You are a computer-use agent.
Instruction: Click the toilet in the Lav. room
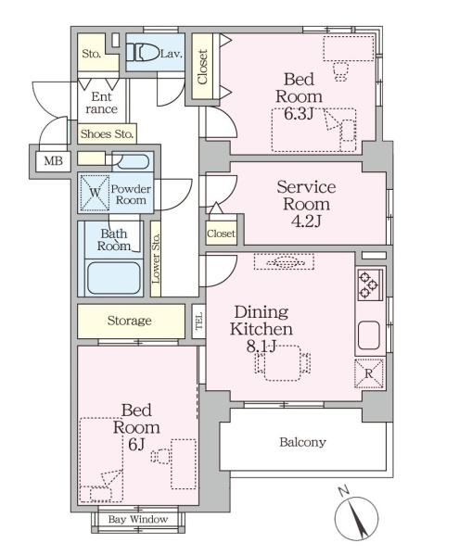(x=143, y=53)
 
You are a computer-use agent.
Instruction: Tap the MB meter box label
(x=53, y=161)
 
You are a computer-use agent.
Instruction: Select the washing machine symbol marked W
(x=95, y=193)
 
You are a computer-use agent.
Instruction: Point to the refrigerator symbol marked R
(x=369, y=373)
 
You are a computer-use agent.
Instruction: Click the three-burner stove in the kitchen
(x=370, y=284)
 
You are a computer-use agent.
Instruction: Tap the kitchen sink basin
(x=369, y=335)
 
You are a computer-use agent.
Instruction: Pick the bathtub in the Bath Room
(x=114, y=278)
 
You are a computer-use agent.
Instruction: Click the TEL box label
(x=199, y=321)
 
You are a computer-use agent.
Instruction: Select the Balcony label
(x=302, y=442)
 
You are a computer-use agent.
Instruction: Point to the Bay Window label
(x=138, y=520)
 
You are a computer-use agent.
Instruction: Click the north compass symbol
(x=356, y=517)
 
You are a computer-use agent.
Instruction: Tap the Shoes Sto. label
(x=107, y=134)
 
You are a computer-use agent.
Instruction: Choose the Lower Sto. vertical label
(x=156, y=259)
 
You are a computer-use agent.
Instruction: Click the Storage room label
(x=130, y=321)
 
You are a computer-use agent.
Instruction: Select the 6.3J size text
(x=299, y=113)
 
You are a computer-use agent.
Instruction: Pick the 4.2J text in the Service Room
(x=306, y=221)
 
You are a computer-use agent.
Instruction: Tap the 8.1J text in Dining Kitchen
(x=261, y=346)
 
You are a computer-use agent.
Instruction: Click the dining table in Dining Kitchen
(x=282, y=363)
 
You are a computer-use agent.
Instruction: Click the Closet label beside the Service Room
(x=222, y=234)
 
